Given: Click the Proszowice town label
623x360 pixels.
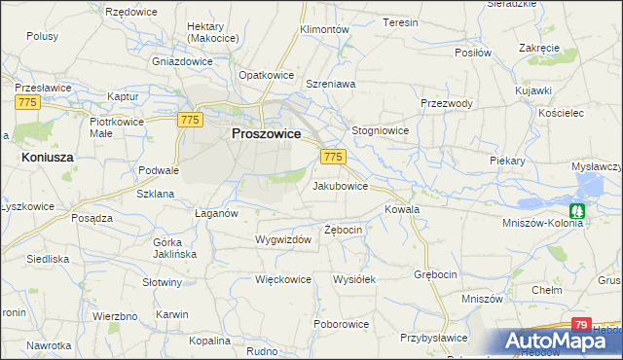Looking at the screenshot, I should pos(265,135).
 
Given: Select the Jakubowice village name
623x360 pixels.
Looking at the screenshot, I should pos(340,185).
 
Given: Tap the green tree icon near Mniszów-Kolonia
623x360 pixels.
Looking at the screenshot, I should pos(577,209).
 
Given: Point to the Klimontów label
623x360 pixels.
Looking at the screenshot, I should pos(324,30).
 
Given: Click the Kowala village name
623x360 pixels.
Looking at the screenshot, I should pos(402,209).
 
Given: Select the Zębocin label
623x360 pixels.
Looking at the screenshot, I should pos(344,230).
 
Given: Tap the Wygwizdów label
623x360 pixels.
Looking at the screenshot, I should pos(282,239).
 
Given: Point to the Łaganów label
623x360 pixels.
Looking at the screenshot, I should pos(216,214).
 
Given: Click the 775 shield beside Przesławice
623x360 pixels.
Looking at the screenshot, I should pos(27,101).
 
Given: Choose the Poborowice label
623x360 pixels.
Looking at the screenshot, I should pos(341,323).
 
